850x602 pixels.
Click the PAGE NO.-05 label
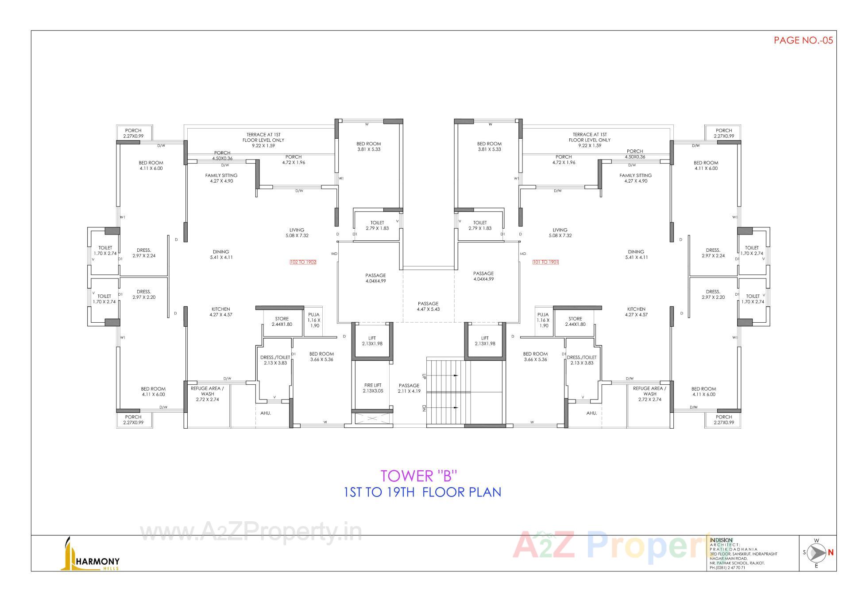pos(803,40)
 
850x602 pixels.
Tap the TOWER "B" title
pos(418,476)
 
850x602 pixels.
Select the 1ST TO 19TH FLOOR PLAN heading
pos(422,492)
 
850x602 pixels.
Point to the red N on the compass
pos(831,552)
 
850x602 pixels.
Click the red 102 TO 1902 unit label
pos(303,262)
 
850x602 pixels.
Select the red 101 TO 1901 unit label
pos(546,262)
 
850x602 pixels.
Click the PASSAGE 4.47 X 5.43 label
pos(428,306)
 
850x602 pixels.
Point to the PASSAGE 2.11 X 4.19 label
pos(409,388)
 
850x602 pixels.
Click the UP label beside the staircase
pos(424,376)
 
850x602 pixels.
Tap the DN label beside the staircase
pos(424,408)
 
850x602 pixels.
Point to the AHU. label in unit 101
pos(591,413)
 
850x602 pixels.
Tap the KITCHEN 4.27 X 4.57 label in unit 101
pos(636,312)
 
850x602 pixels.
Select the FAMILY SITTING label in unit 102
pos(221,178)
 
